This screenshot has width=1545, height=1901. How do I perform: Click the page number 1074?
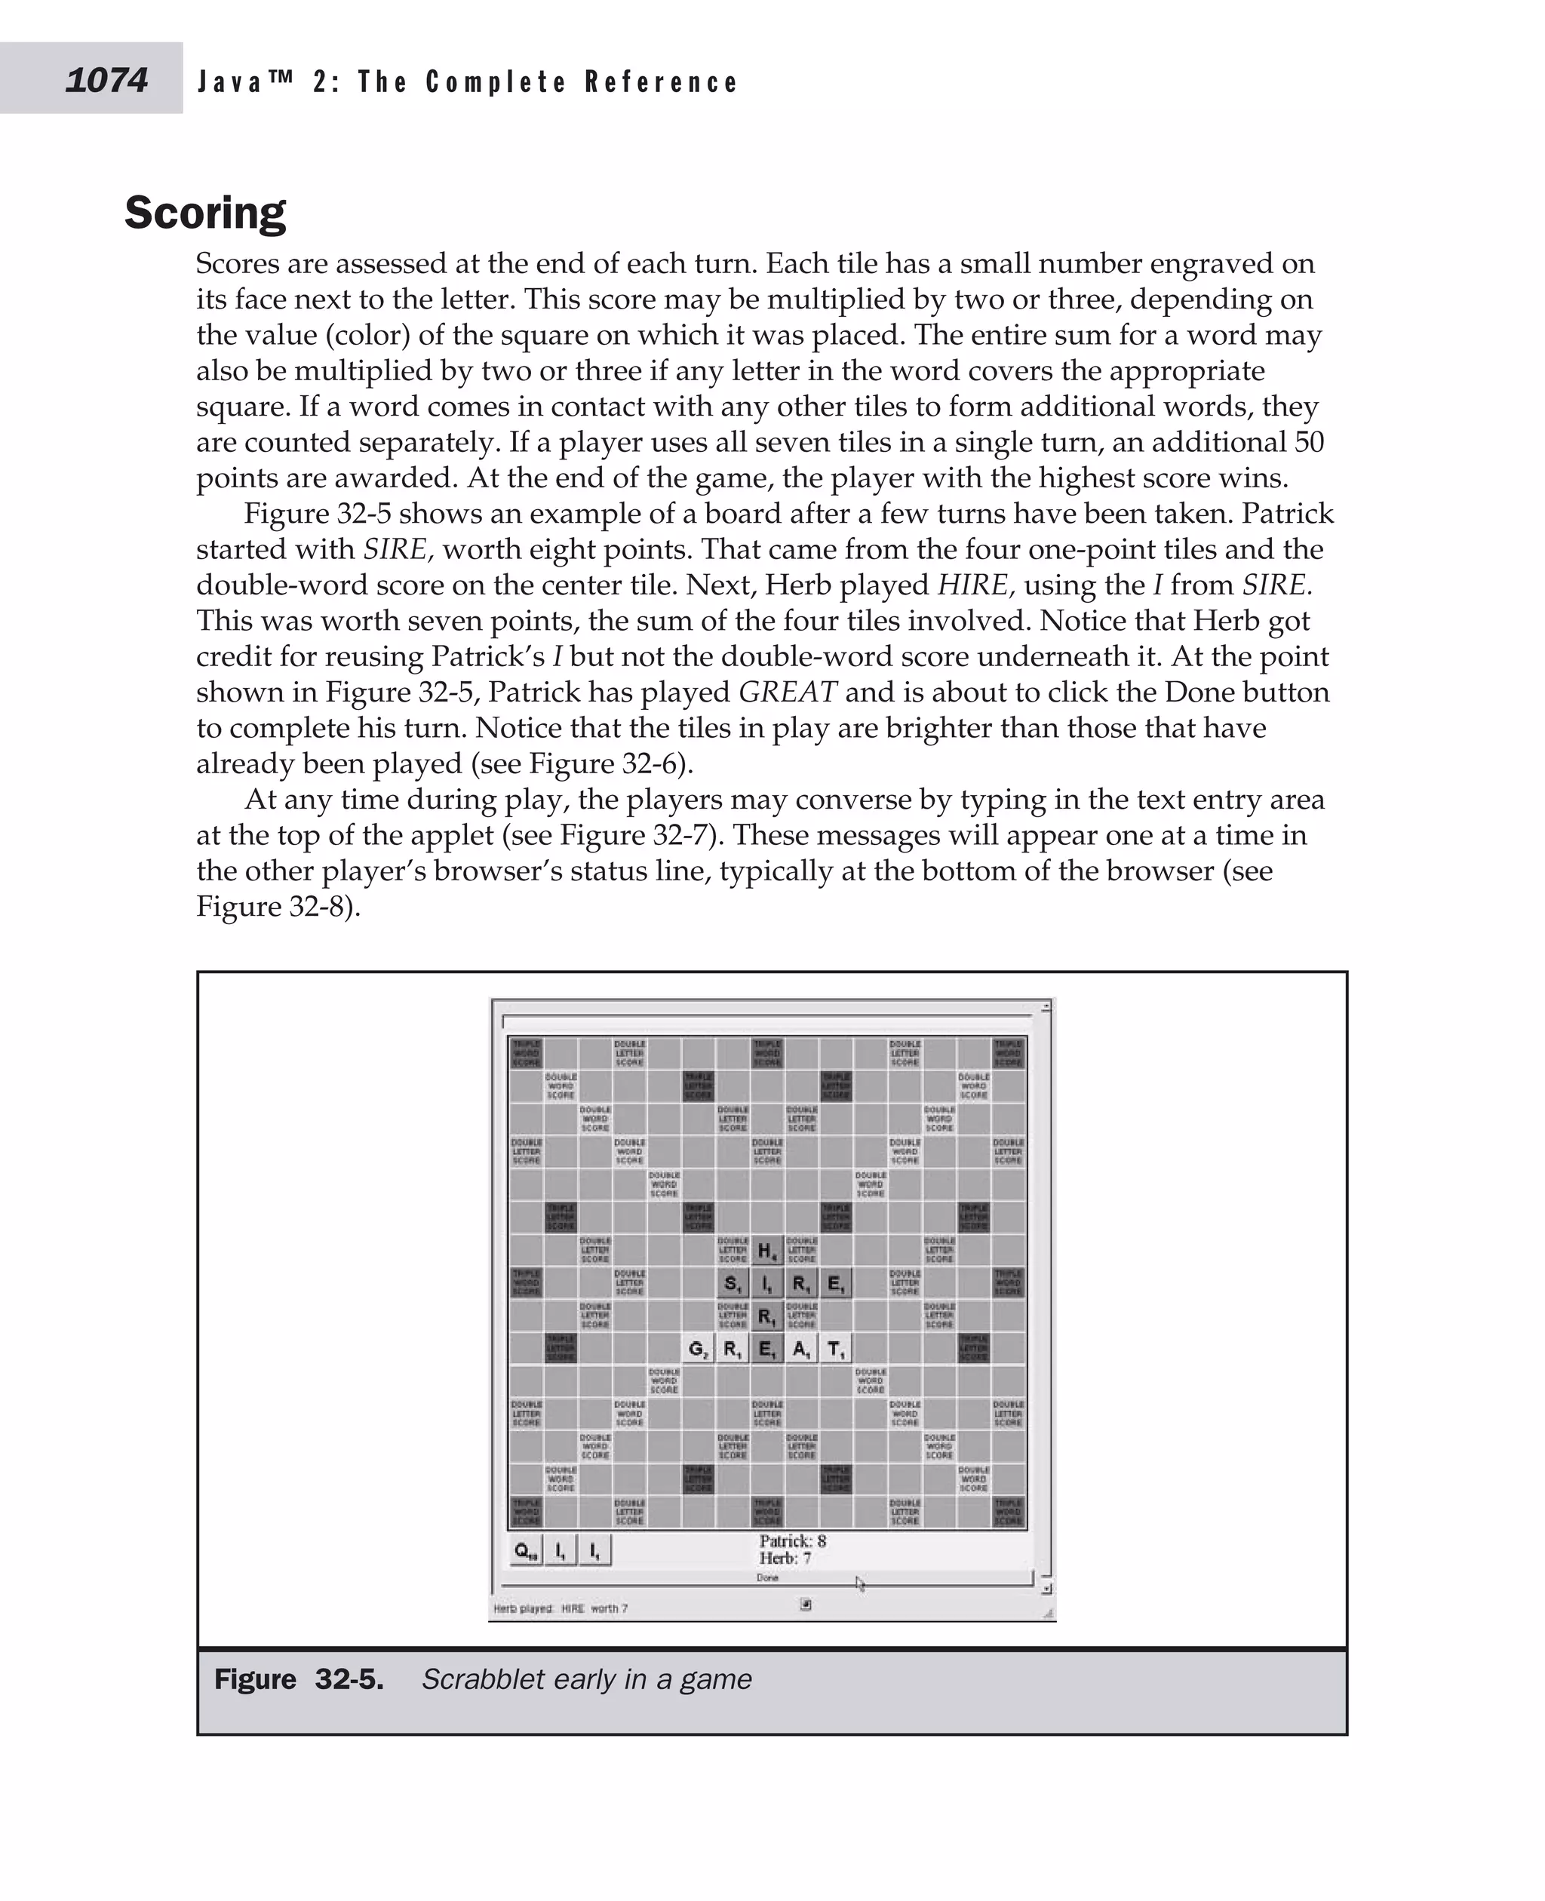pos(106,80)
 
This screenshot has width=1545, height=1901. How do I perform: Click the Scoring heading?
pos(204,213)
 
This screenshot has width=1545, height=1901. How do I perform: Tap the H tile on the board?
pos(766,1251)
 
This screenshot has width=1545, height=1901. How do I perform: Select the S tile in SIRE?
pos(732,1283)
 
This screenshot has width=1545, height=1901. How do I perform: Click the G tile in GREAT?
pos(698,1350)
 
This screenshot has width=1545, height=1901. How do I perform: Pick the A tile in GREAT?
pos(801,1350)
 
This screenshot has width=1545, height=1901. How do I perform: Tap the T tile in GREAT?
pos(836,1350)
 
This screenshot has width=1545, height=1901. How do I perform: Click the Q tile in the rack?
pos(525,1550)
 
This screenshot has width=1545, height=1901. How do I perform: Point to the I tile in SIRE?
pos(766,1283)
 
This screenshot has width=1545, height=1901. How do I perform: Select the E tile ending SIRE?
pos(836,1283)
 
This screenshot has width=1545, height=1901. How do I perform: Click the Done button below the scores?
pos(767,1577)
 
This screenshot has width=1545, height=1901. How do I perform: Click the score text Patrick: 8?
pos(792,1540)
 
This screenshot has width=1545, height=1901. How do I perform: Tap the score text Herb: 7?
pos(785,1558)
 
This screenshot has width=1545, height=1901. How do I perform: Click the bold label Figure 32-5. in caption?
pos(299,1679)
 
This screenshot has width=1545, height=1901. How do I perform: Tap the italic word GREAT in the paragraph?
pos(788,692)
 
